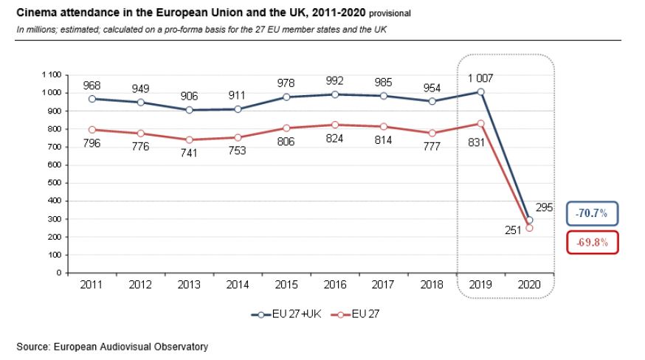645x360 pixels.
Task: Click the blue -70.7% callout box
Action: click(x=591, y=213)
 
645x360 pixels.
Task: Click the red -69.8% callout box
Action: click(x=591, y=242)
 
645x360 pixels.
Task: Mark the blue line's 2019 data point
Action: click(x=481, y=92)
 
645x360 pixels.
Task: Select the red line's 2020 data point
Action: click(x=528, y=228)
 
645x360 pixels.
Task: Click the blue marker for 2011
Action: click(x=92, y=99)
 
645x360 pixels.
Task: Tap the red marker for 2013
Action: click(x=188, y=139)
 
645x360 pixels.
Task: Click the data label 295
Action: click(x=544, y=209)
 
